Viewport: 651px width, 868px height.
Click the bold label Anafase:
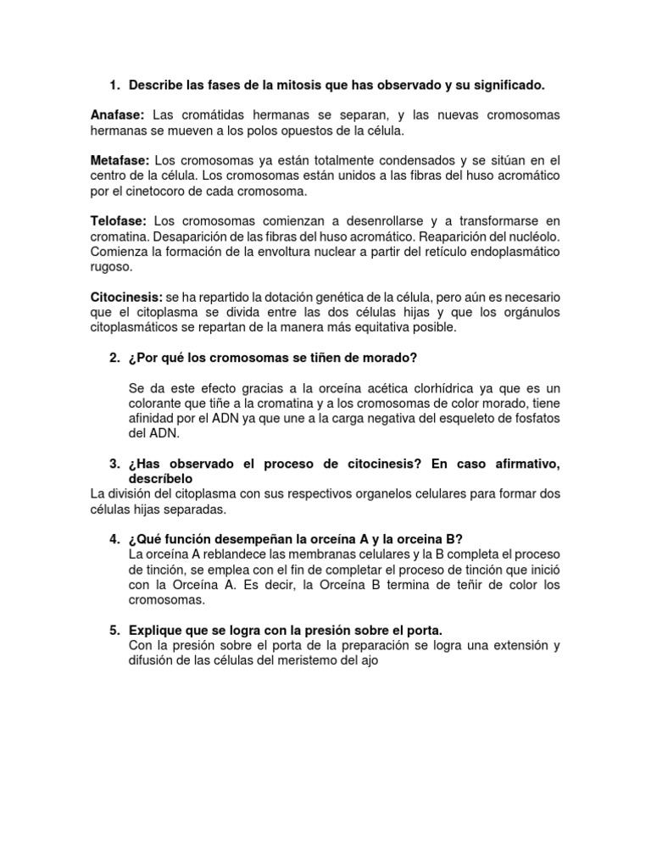click(x=118, y=115)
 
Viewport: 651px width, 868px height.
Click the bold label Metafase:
click(x=120, y=160)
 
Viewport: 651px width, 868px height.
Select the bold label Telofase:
click(x=119, y=220)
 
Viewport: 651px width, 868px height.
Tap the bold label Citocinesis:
click(x=126, y=297)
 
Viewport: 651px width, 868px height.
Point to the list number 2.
click(x=114, y=359)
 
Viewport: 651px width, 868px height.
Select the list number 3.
click(x=114, y=464)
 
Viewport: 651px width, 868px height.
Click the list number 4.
click(x=114, y=539)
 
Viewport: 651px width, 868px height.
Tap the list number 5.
click(x=114, y=630)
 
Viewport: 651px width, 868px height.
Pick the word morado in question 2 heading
click(x=392, y=359)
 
